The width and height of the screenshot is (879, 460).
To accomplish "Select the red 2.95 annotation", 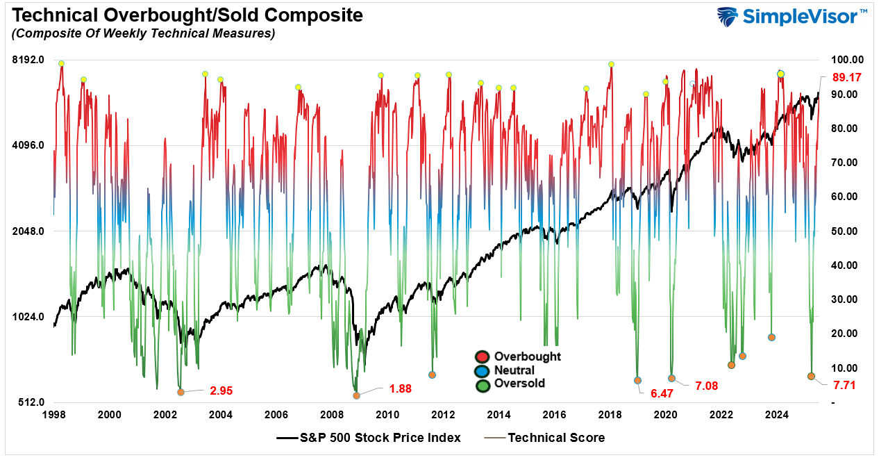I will click(x=221, y=391).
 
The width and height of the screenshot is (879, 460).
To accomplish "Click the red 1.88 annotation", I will click(x=400, y=388).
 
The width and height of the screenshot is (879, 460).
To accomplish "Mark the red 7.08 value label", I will click(x=709, y=385).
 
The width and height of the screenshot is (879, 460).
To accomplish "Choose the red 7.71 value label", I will click(x=844, y=383).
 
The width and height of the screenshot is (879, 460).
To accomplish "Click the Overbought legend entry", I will click(x=527, y=356).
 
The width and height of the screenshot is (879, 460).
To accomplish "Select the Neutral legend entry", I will click(x=514, y=370).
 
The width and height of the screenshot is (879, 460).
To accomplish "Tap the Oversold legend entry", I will click(x=519, y=384).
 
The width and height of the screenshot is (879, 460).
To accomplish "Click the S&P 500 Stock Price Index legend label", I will click(x=380, y=438).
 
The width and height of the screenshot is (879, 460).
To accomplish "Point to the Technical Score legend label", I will click(x=556, y=438).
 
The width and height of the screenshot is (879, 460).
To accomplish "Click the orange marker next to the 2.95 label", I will click(x=181, y=392).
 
